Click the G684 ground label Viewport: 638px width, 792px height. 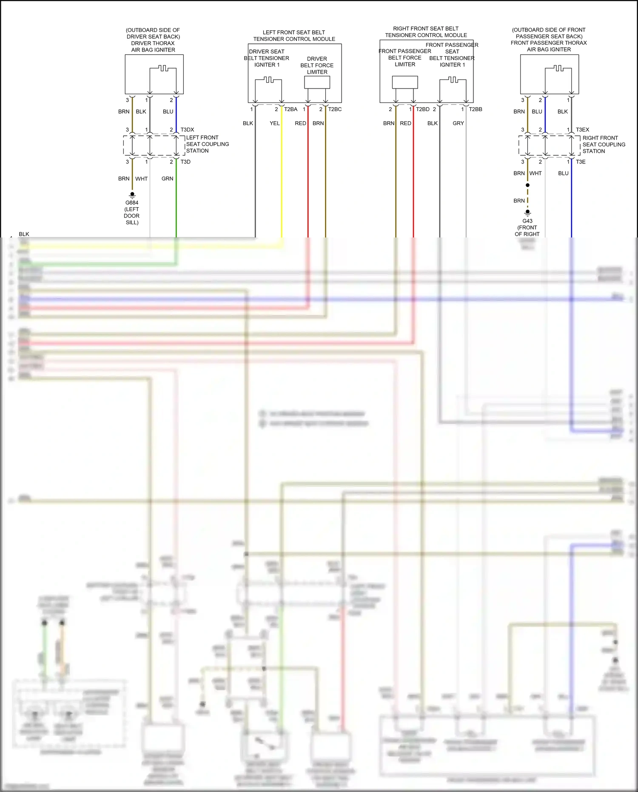click(x=132, y=203)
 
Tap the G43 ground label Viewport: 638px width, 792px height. click(x=527, y=221)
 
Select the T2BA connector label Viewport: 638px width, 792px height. click(x=291, y=109)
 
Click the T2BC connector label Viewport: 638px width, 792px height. click(x=335, y=109)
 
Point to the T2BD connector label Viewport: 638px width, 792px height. click(x=423, y=109)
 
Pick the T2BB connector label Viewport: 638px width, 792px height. click(x=476, y=109)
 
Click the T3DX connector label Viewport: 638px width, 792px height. click(x=187, y=130)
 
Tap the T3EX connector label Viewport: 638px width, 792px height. click(x=582, y=130)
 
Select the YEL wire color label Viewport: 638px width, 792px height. click(x=275, y=123)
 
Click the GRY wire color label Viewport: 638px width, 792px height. click(x=458, y=123)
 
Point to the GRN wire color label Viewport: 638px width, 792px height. click(x=167, y=179)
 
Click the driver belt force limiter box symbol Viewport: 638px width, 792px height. click(x=317, y=82)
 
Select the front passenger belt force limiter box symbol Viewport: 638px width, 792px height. click(x=405, y=82)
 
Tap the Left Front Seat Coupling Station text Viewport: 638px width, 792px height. click(x=207, y=144)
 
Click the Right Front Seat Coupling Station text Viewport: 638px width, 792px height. click(x=604, y=145)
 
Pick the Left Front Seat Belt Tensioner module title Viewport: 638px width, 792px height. click(x=294, y=36)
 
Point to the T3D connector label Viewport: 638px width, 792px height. click(x=185, y=162)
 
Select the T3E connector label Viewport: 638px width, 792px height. click(x=581, y=162)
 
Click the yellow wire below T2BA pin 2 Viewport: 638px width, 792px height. click(x=282, y=179)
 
